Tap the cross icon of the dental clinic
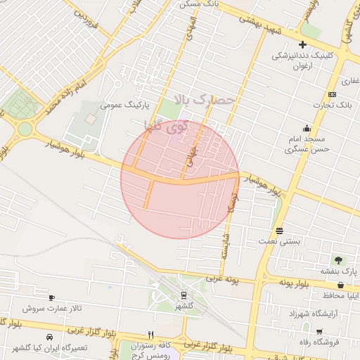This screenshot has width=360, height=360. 302,45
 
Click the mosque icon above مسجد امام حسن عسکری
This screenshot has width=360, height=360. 307,129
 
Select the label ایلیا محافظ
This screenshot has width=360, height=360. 342,295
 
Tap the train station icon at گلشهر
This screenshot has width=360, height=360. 184,295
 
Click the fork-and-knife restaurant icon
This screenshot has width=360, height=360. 150,335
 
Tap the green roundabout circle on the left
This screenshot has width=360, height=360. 25,129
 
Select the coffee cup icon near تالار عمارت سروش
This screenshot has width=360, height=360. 51,298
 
